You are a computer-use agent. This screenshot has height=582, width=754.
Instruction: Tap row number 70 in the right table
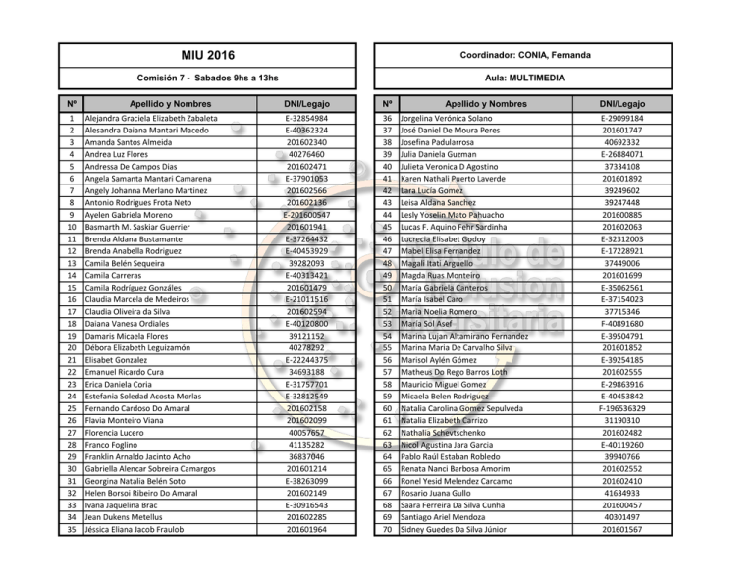[387, 530]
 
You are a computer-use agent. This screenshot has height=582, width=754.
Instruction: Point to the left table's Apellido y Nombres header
[163, 103]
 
